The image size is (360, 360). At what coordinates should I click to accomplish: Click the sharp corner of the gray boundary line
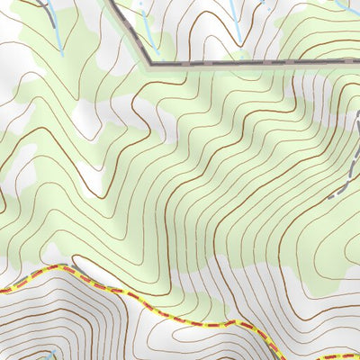click(x=149, y=64)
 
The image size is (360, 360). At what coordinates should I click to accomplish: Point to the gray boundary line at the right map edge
click(x=357, y=60)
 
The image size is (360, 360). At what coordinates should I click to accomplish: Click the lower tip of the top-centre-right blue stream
click(x=238, y=40)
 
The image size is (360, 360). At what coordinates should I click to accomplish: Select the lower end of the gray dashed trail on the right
click(x=331, y=196)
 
